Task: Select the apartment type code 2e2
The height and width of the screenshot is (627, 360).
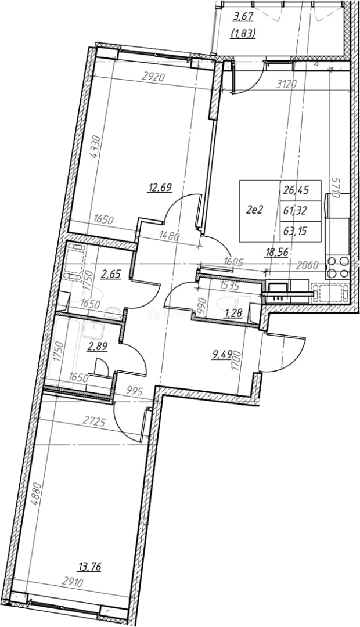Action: (254, 210)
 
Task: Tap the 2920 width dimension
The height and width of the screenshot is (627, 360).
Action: (154, 78)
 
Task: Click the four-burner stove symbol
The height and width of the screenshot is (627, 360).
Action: (337, 268)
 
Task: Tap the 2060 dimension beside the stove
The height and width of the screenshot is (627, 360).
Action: (310, 264)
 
